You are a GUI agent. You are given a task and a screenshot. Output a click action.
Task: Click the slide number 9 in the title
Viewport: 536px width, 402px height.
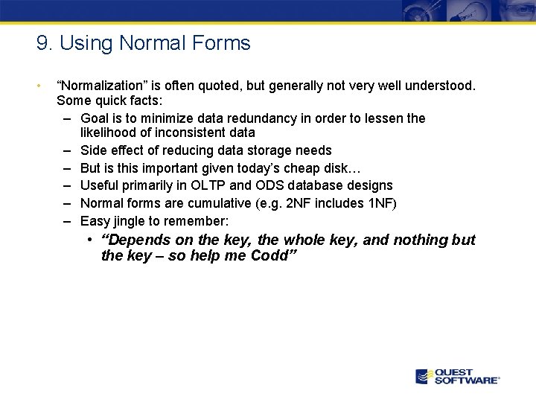pos(42,43)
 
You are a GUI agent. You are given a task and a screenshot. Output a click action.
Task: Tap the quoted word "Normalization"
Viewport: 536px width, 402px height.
pos(101,86)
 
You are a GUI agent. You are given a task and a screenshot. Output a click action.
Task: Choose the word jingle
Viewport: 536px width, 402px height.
pos(131,221)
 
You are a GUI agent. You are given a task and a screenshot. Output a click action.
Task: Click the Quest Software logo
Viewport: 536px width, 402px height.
pos(456,376)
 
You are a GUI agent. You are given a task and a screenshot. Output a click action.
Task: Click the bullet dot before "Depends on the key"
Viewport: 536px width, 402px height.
pos(89,240)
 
